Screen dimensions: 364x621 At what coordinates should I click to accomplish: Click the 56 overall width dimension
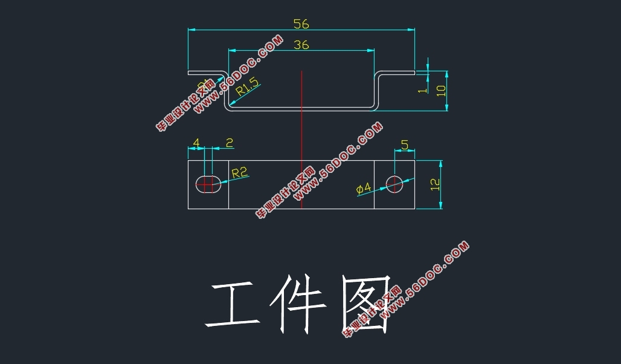[301, 24]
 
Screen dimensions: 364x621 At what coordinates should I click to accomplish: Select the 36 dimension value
[301, 45]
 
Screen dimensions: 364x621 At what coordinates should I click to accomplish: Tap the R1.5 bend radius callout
[248, 88]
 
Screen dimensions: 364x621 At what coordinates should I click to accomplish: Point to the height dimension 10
[441, 90]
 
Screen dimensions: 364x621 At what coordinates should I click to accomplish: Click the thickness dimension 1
[423, 88]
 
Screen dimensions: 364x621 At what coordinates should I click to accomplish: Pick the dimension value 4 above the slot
[196, 143]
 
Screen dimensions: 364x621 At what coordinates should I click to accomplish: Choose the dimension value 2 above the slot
[230, 143]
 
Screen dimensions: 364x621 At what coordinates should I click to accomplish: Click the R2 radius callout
[240, 174]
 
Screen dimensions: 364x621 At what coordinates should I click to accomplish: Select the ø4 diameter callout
[364, 189]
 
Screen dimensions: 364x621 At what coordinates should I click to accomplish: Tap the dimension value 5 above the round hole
[405, 145]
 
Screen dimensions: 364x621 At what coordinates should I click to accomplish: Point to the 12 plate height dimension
[435, 184]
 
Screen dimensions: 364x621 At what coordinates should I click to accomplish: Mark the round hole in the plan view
[395, 184]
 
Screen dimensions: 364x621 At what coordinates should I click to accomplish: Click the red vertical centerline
[301, 139]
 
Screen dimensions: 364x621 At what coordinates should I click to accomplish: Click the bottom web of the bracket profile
[301, 109]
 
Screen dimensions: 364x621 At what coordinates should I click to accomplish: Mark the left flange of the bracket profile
[205, 73]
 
